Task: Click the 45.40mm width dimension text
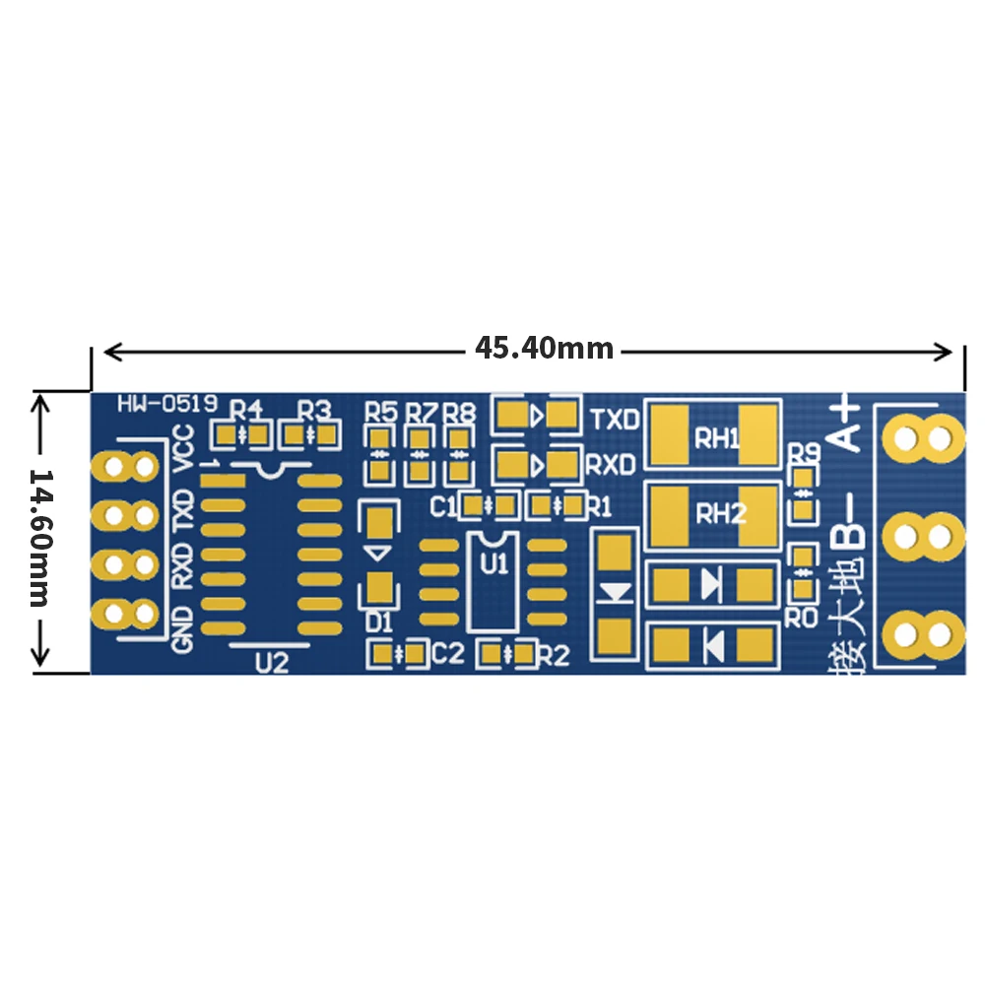544,349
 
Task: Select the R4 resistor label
246,409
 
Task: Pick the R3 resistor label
314,409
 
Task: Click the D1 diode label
379,622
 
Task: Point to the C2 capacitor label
448,652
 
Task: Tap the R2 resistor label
555,652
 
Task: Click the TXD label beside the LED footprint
614,419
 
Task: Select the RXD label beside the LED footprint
612,464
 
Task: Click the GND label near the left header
183,629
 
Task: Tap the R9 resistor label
805,453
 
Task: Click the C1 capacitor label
444,506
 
